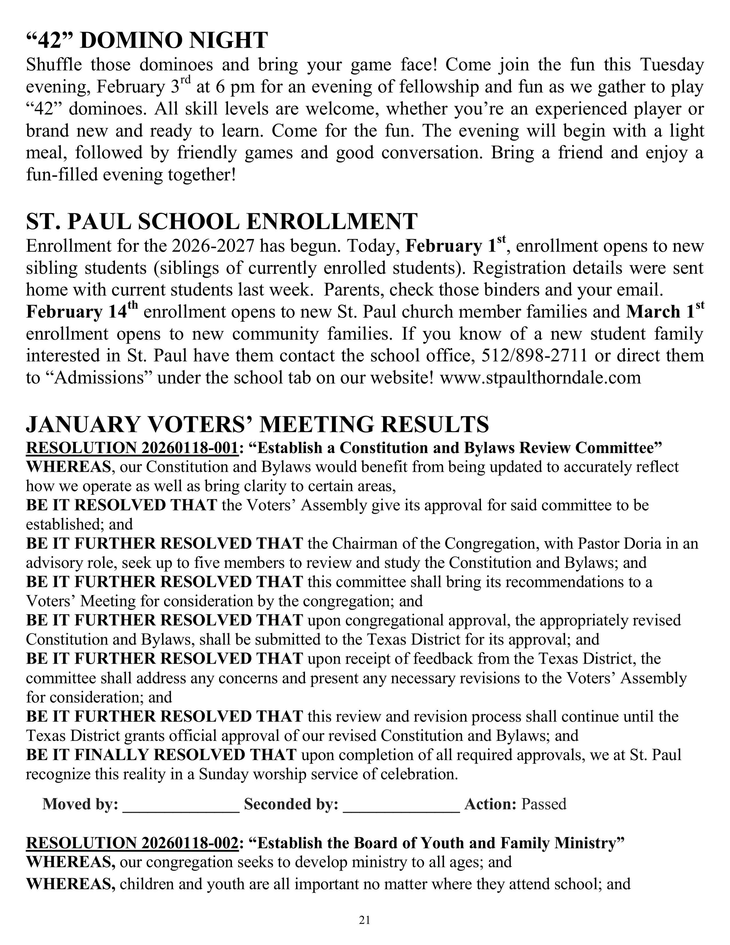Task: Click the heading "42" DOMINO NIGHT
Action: coord(147,40)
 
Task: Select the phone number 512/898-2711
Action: coord(534,356)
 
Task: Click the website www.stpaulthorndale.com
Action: coord(540,378)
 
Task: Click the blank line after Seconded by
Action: coord(401,805)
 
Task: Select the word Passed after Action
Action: coord(544,804)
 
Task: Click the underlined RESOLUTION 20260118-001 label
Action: coord(132,448)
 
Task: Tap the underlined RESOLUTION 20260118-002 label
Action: coord(132,843)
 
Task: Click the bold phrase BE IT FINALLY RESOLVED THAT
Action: coord(161,755)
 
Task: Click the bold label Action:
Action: coord(491,804)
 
